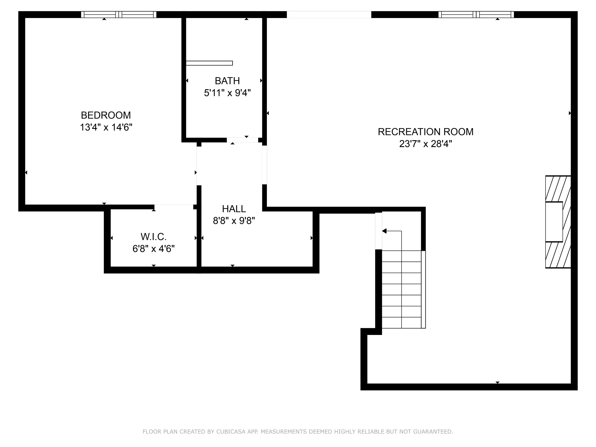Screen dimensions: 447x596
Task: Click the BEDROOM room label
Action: click(106, 115)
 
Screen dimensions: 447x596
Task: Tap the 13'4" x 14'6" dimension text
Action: click(106, 127)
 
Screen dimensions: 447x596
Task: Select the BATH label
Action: click(227, 81)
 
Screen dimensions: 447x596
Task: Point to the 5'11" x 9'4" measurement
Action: click(227, 93)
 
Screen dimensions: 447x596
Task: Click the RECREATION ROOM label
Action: click(425, 132)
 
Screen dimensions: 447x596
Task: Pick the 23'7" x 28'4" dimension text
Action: click(425, 144)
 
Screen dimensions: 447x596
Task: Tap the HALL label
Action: click(234, 209)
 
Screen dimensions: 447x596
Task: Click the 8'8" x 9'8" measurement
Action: click(234, 221)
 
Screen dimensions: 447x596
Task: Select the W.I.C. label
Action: click(153, 237)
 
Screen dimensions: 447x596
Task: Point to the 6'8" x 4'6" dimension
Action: click(153, 249)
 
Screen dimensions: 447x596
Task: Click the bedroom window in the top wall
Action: click(118, 15)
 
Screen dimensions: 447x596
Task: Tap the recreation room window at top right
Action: click(476, 15)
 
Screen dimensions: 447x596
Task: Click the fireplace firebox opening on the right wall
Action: click(554, 222)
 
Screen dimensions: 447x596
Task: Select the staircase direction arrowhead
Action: click(384, 231)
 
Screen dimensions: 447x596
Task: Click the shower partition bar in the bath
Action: click(209, 63)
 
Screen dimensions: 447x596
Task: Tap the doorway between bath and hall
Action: click(242, 140)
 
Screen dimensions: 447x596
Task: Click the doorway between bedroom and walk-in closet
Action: click(173, 207)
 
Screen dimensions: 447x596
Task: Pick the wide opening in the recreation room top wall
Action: click(329, 15)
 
